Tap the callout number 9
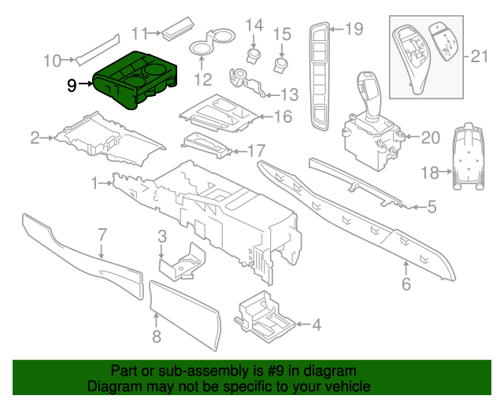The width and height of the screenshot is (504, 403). pos(72,85)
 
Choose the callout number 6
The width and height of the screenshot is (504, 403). pos(406,284)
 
